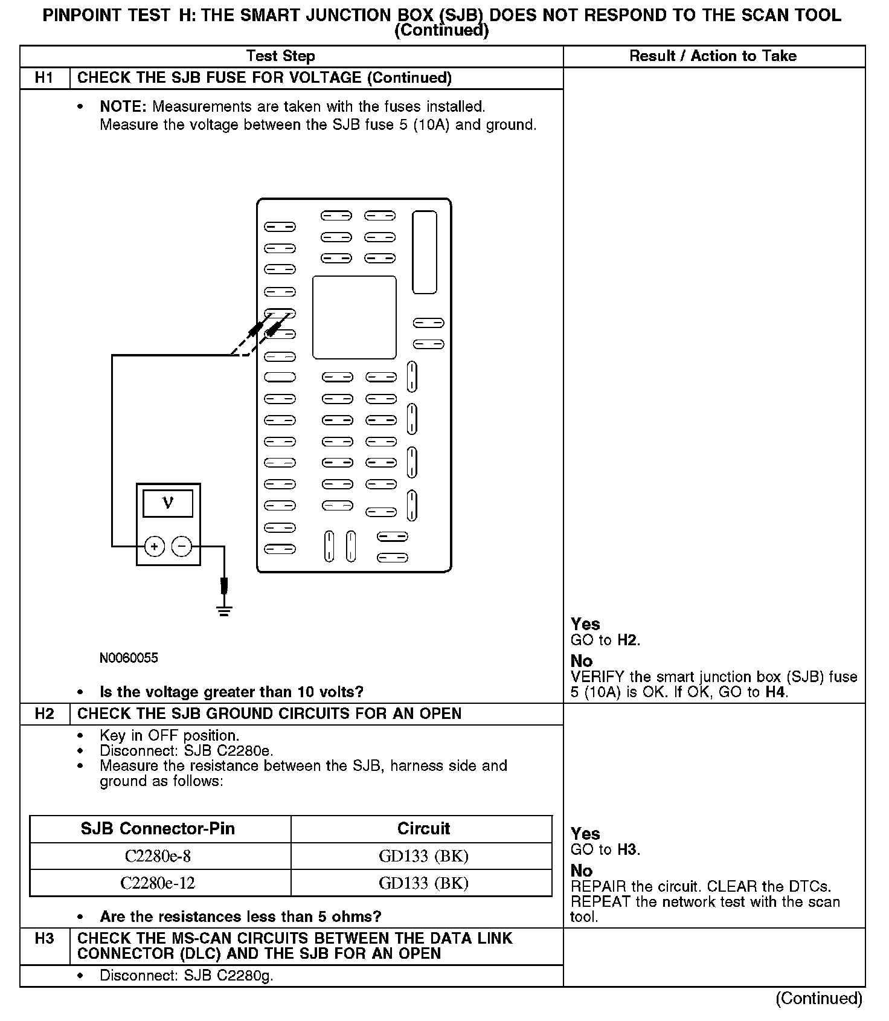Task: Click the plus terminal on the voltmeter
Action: click(155, 547)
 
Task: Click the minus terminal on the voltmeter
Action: click(182, 547)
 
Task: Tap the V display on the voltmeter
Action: click(168, 503)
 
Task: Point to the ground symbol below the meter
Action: click(225, 609)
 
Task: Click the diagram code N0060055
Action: click(129, 658)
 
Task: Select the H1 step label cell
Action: click(45, 78)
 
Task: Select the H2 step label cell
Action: click(45, 713)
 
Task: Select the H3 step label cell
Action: click(45, 938)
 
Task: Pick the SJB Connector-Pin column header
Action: click(158, 829)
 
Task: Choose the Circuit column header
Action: click(423, 829)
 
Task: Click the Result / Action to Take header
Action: click(713, 56)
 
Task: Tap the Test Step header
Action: click(281, 56)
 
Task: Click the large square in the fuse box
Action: click(354, 317)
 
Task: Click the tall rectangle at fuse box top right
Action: click(424, 252)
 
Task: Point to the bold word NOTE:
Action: click(123, 107)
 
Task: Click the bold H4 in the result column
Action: click(775, 692)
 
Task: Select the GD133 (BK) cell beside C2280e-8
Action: click(423, 856)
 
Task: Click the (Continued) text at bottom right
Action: click(818, 998)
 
